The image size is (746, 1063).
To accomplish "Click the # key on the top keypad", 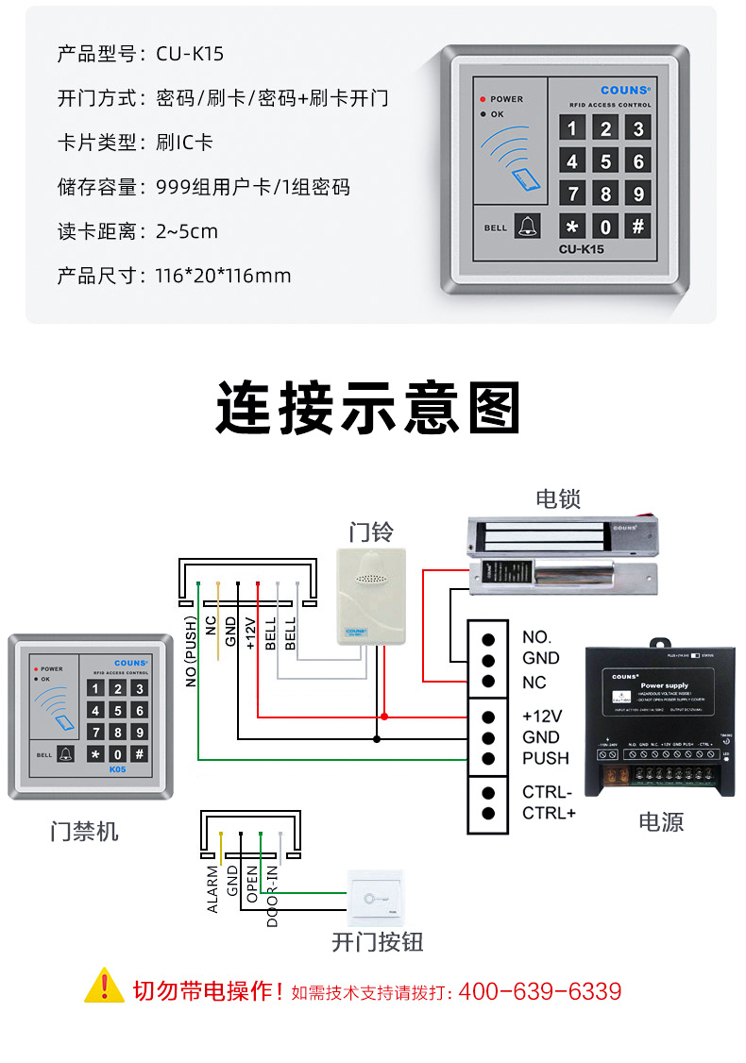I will [x=638, y=226].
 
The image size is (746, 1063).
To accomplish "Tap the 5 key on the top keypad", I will [x=605, y=161].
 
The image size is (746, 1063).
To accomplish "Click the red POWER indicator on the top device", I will [x=483, y=99].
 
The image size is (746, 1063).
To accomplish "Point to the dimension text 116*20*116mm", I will [x=223, y=276].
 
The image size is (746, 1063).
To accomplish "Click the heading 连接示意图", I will [x=368, y=407].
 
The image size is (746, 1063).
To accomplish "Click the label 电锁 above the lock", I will [x=558, y=498].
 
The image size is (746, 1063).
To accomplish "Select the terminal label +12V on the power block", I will [x=542, y=715].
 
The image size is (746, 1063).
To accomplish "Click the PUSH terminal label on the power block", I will [x=546, y=758].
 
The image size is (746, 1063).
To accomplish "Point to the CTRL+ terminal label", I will [x=549, y=813].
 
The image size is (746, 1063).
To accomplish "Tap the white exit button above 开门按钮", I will [x=376, y=898].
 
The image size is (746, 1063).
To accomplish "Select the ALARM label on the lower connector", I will [x=212, y=887].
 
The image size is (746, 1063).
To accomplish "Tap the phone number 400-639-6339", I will [x=540, y=991].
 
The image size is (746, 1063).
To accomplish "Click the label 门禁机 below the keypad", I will [x=84, y=832].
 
